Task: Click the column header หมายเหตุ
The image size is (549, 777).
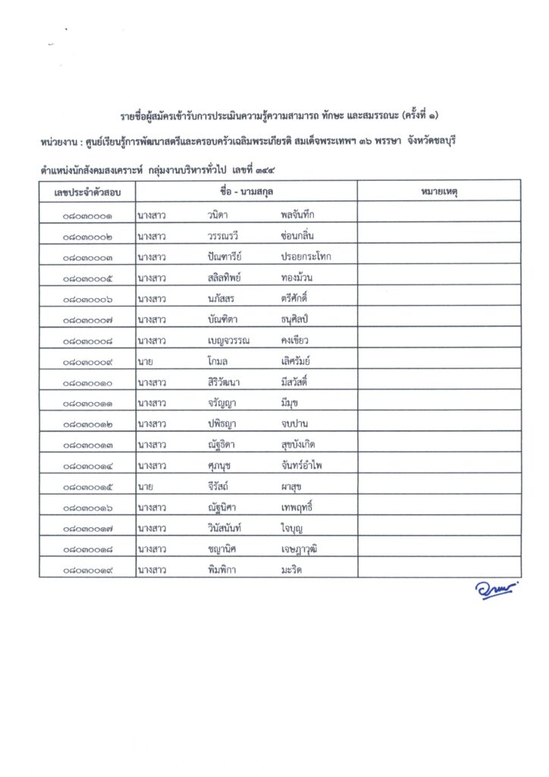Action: [438, 191]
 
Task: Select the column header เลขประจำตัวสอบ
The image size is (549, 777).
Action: [87, 191]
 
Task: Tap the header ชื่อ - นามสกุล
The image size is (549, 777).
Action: [246, 191]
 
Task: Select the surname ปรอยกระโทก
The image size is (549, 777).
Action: [306, 256]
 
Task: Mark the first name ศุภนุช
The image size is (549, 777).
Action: [221, 464]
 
